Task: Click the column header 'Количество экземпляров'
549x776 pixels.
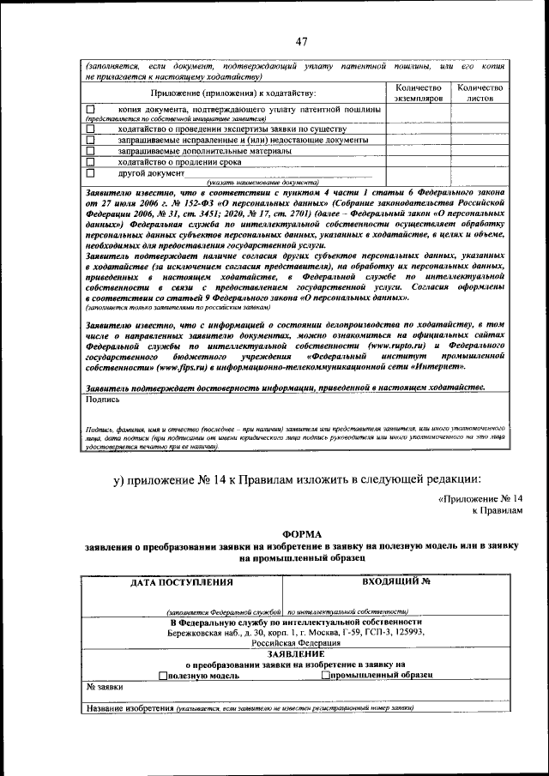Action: [418, 93]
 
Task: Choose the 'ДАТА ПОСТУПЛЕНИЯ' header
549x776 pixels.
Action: [181, 581]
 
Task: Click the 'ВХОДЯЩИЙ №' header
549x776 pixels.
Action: [395, 581]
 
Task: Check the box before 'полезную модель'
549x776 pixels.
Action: [163, 675]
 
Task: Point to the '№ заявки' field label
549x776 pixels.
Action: [105, 687]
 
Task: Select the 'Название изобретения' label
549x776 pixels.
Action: [130, 707]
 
